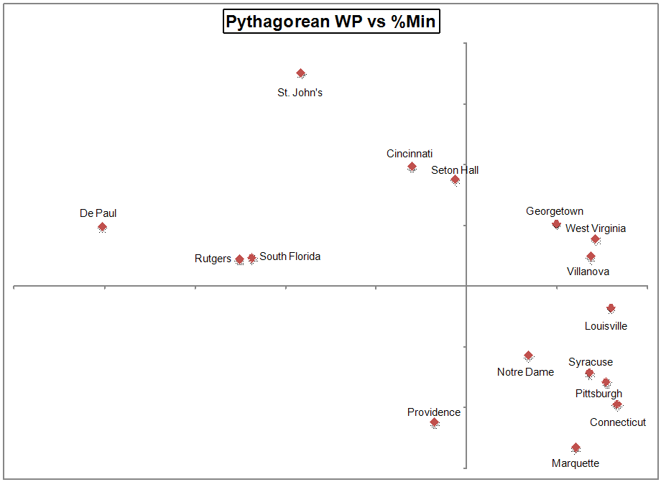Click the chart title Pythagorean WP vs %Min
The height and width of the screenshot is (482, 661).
click(330, 22)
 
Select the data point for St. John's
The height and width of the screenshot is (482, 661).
click(301, 73)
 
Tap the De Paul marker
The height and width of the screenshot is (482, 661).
click(102, 227)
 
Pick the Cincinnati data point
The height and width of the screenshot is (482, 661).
click(412, 167)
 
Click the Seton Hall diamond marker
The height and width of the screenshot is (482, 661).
click(455, 180)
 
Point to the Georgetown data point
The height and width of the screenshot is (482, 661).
click(556, 224)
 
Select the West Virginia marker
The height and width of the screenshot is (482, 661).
click(595, 239)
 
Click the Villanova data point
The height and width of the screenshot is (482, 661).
click(591, 256)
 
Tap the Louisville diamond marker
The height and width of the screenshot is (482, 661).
click(611, 308)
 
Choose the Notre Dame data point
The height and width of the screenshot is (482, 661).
click(529, 356)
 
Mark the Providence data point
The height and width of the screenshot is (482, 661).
click(435, 423)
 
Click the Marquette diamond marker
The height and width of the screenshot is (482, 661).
click(576, 448)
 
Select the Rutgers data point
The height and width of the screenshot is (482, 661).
click(239, 259)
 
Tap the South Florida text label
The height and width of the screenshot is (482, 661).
click(290, 256)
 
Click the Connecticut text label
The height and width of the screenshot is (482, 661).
click(618, 422)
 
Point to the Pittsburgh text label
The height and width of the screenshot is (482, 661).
click(598, 394)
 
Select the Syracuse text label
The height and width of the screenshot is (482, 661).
click(591, 363)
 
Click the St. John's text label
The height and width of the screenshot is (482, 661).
click(300, 93)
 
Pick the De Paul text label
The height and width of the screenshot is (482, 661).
click(98, 213)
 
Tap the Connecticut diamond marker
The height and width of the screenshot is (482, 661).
click(617, 405)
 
